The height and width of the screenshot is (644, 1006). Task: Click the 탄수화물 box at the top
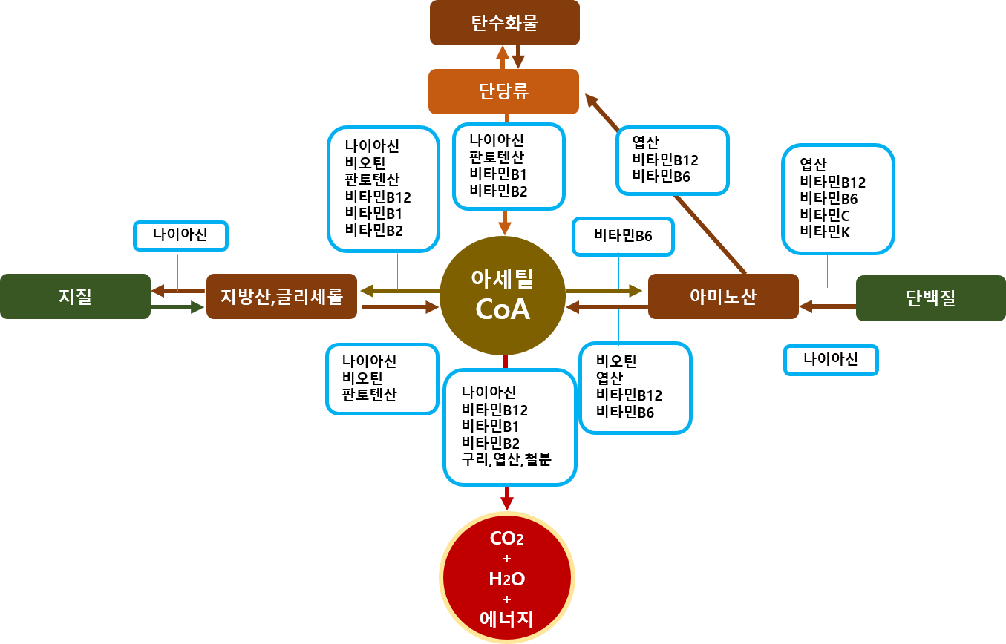[x=504, y=23]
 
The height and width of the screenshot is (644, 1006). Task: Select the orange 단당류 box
[x=504, y=91]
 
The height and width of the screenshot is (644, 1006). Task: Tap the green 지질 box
[x=75, y=297]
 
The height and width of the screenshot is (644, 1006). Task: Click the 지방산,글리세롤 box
[x=281, y=297]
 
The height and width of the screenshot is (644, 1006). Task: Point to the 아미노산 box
[x=723, y=297]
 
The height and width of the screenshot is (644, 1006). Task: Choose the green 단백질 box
[x=930, y=298]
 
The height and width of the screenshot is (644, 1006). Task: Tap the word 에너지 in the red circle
[x=507, y=618]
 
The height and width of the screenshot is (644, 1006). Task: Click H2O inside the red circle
[x=507, y=579]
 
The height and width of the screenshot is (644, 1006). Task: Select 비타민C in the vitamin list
[x=824, y=215]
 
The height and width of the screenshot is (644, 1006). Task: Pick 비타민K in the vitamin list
[x=824, y=231]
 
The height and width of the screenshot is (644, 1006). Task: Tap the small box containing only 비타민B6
[x=623, y=237]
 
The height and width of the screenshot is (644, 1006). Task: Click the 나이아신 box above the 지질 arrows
[x=180, y=236]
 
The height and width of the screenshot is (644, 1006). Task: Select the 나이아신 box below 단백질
[x=831, y=360]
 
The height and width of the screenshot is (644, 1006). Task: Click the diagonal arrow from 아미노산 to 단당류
[x=668, y=185]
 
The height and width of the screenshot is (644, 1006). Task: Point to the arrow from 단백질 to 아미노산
[x=827, y=305]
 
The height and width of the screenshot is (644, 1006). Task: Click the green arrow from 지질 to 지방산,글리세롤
[x=178, y=306]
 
